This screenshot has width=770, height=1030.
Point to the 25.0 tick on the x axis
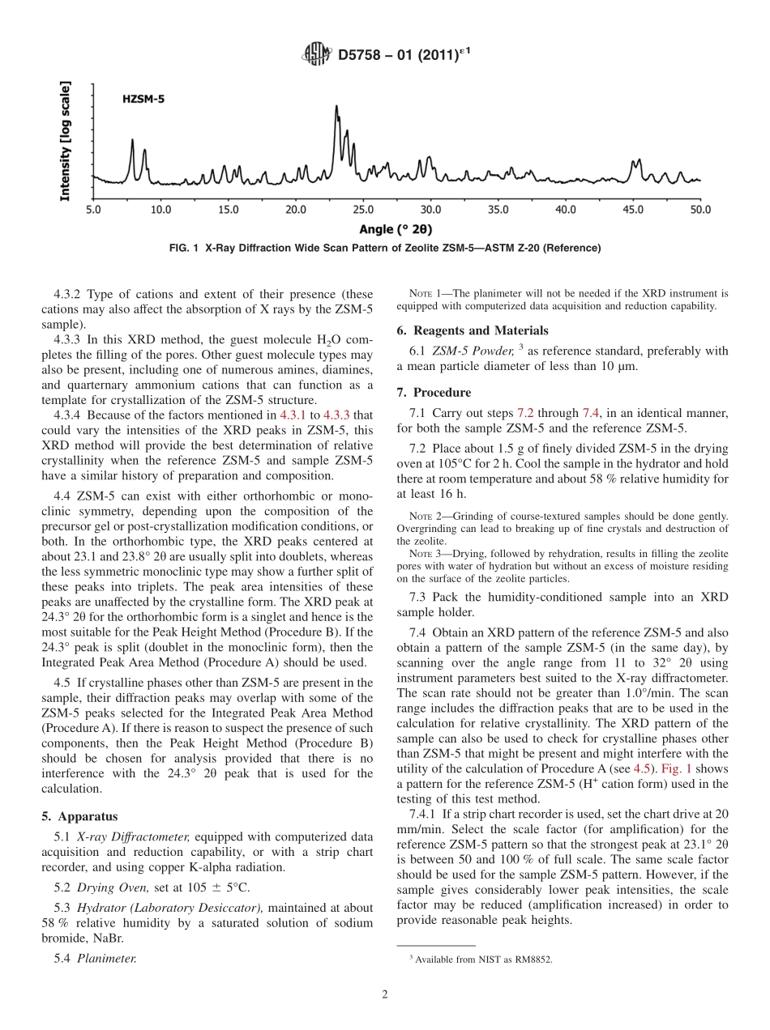pos(362,210)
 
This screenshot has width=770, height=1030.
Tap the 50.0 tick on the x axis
pos(699,210)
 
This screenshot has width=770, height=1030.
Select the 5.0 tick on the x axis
pos(93,210)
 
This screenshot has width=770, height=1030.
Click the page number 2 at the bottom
pos(385,995)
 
